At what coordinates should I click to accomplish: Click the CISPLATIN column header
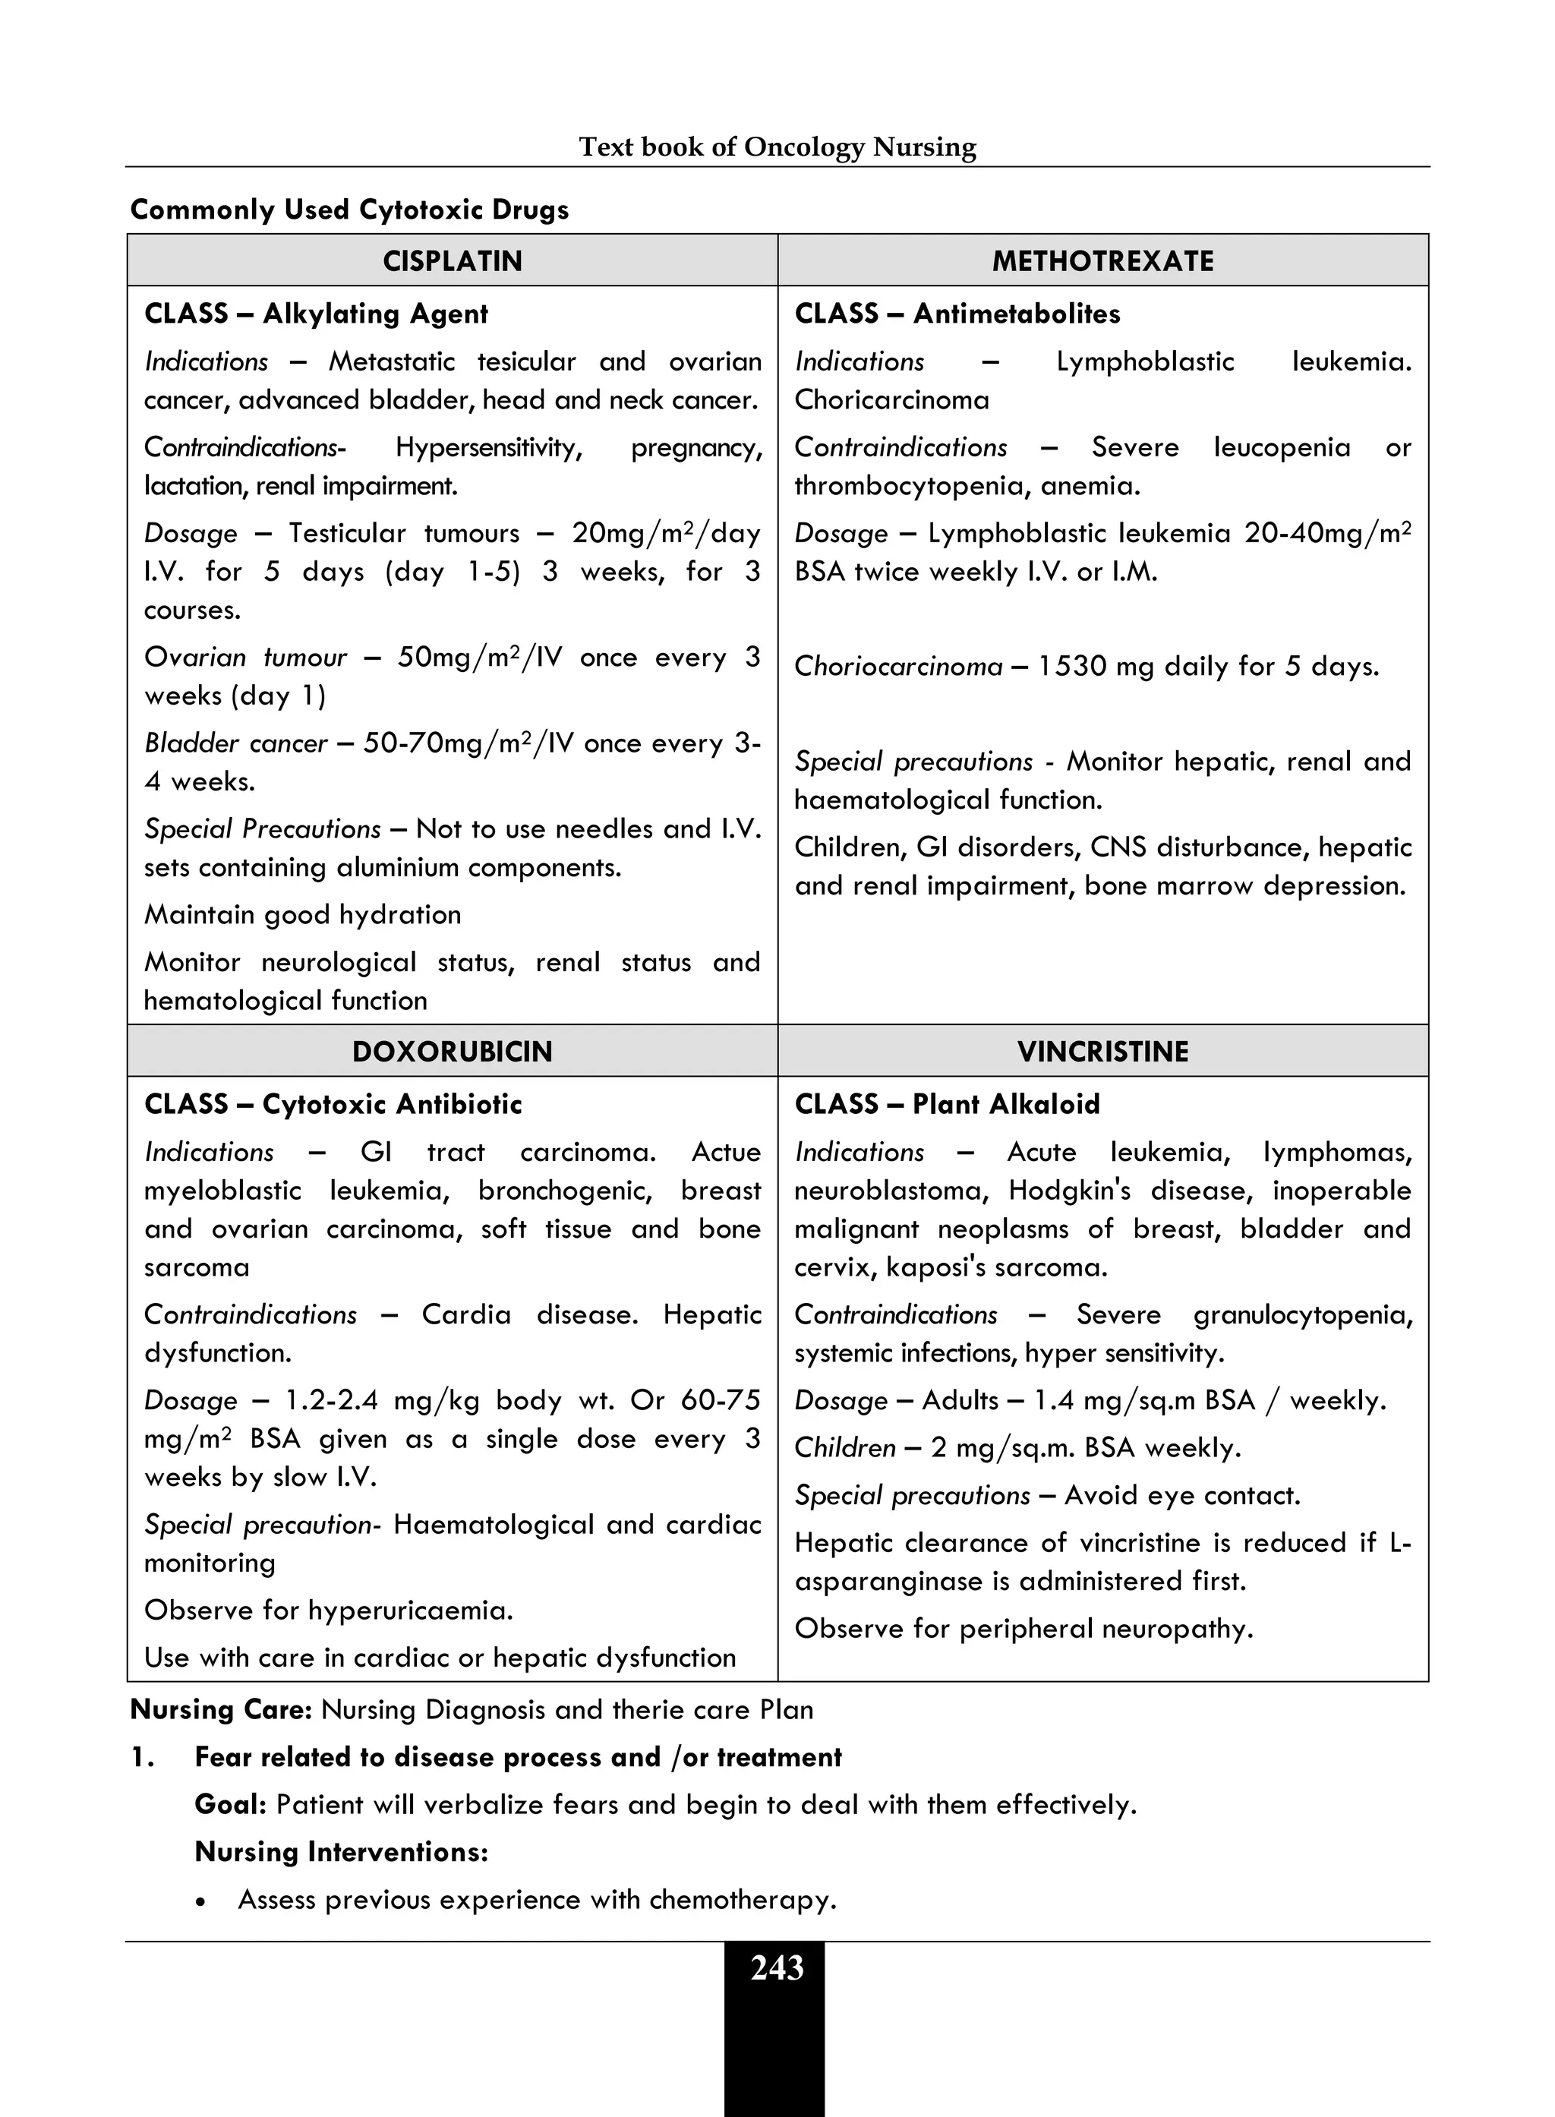point(452,260)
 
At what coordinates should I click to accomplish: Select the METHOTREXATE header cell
point(1102,260)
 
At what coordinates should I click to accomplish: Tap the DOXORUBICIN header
point(452,1052)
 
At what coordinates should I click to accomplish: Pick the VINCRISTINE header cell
point(1102,1052)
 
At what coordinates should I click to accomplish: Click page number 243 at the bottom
point(777,1968)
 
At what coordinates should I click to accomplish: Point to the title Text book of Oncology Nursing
point(777,147)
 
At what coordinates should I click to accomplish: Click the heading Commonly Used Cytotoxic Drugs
point(349,209)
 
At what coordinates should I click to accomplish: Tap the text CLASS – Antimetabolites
point(957,314)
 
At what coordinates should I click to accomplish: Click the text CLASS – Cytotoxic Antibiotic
point(333,1104)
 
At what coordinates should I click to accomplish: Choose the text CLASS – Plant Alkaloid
point(947,1104)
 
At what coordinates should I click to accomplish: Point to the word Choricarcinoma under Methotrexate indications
point(891,400)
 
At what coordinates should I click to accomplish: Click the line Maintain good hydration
point(302,915)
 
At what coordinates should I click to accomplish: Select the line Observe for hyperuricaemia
point(329,1611)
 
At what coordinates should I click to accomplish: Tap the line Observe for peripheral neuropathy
point(1024,1630)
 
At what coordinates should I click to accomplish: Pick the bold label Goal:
point(231,1804)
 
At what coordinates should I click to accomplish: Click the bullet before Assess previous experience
point(200,1901)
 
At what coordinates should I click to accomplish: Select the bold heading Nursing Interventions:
point(341,1851)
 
